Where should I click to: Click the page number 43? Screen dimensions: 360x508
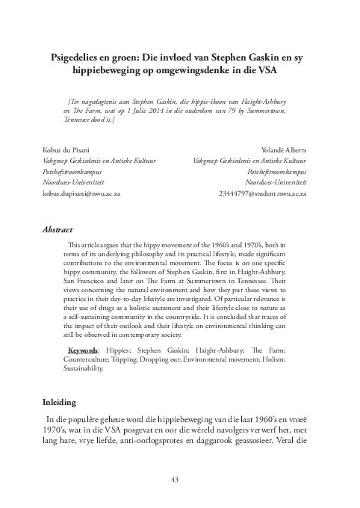180,478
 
